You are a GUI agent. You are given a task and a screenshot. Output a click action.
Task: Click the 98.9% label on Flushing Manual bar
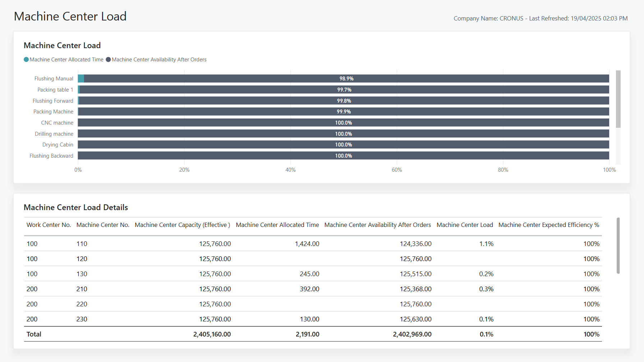click(346, 79)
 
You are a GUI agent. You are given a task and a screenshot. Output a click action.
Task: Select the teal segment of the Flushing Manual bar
click(81, 79)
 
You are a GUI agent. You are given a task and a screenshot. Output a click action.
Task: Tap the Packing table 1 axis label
click(55, 90)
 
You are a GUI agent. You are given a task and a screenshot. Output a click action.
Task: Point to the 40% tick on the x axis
click(290, 170)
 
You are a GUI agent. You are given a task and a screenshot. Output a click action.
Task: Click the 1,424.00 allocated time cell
click(307, 244)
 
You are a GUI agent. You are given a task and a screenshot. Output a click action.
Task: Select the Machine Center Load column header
click(465, 225)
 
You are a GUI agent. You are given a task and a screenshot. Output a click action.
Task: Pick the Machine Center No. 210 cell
click(82, 289)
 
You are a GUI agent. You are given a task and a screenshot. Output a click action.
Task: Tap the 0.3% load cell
click(486, 289)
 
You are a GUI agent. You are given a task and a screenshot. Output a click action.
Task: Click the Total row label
click(34, 334)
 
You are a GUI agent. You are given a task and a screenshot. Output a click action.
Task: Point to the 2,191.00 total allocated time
click(307, 334)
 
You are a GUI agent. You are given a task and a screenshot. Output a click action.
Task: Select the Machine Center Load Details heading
click(76, 208)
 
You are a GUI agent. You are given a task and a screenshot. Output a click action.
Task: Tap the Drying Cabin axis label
click(58, 145)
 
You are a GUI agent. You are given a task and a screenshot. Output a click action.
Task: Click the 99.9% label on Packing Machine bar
click(344, 112)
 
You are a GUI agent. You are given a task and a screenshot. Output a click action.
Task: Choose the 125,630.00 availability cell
click(415, 319)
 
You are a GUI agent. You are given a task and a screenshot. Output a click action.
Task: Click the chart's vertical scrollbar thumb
click(618, 99)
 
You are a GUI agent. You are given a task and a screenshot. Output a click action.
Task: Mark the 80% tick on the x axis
click(503, 170)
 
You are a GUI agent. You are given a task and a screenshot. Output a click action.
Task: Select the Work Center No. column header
click(49, 225)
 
